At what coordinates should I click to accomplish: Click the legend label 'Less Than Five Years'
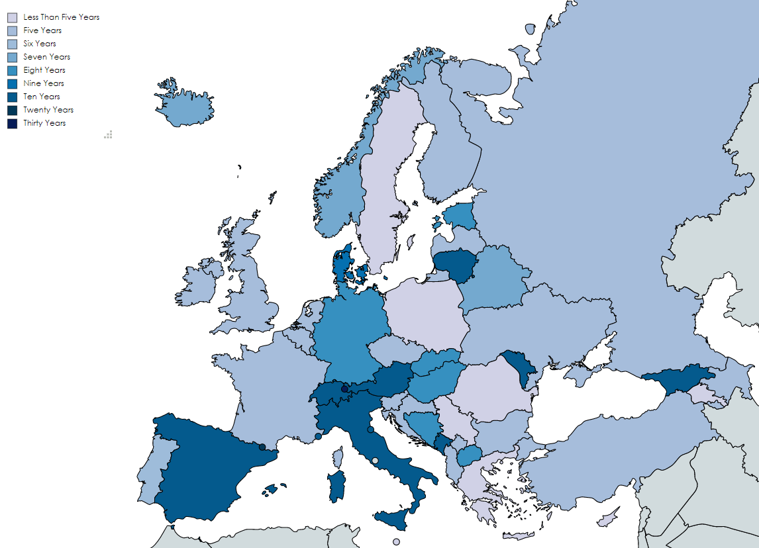tap(61, 17)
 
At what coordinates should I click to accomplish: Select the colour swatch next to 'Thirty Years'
tap(12, 123)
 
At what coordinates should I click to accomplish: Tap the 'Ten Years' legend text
tap(42, 97)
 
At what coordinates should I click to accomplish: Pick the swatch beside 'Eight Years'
tap(12, 70)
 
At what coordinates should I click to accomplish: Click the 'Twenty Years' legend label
tap(48, 110)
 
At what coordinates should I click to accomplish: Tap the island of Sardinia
tap(337, 486)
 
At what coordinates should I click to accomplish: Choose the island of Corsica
tap(338, 457)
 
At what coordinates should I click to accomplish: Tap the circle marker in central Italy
tap(376, 461)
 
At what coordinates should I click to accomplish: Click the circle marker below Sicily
tap(396, 542)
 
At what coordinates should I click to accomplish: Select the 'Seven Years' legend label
tap(46, 57)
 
